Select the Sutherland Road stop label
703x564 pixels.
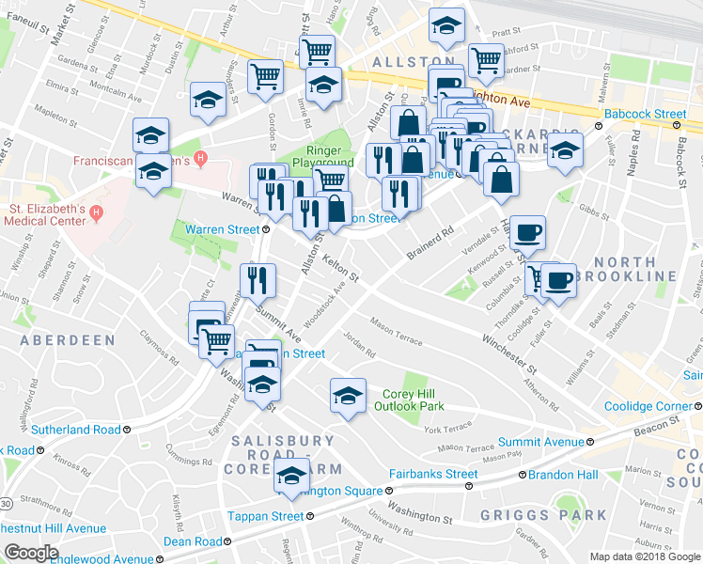click(75, 430)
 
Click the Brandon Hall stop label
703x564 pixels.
click(562, 475)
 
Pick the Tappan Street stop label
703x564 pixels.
click(266, 516)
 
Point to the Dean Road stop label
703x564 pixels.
click(193, 541)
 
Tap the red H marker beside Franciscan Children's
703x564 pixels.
click(198, 156)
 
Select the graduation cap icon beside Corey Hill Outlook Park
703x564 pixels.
click(348, 394)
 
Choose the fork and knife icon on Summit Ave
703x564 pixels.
click(257, 279)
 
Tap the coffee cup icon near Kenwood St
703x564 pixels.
click(528, 232)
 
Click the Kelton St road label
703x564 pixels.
click(340, 267)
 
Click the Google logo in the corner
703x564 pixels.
click(31, 553)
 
